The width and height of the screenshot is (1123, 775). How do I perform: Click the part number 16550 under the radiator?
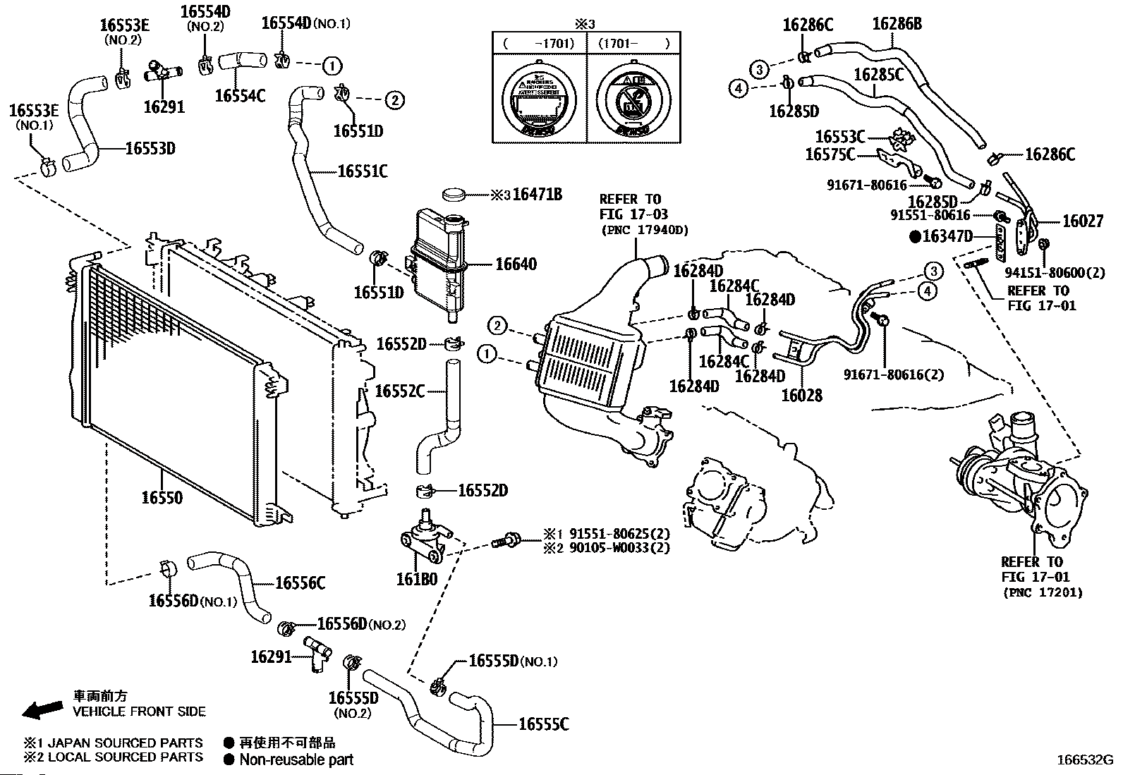pos(162,498)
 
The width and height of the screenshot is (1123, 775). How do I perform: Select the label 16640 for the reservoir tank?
pos(516,264)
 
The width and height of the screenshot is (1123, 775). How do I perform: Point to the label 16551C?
pos(363,171)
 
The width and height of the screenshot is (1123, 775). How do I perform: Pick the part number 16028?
pos(801,396)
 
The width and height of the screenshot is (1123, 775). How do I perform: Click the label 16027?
pos(1083,221)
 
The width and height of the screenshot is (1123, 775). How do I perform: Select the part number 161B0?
pos(416,579)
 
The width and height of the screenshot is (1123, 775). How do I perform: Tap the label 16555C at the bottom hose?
pos(543,724)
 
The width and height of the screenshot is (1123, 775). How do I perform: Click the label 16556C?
pos(300,583)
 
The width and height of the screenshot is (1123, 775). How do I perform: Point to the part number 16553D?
pos(150,149)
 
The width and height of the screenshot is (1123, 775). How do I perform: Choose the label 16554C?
pos(240,95)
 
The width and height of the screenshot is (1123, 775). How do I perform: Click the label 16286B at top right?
pos(897,24)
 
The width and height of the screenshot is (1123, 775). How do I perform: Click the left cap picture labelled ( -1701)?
pos(538,102)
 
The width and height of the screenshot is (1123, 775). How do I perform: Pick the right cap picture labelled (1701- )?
pos(633,102)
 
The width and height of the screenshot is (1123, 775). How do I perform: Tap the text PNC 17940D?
pos(644,230)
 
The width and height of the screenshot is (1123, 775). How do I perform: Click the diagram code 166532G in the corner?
pos(1084,760)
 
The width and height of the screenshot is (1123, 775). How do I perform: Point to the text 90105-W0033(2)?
pos(616,548)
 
